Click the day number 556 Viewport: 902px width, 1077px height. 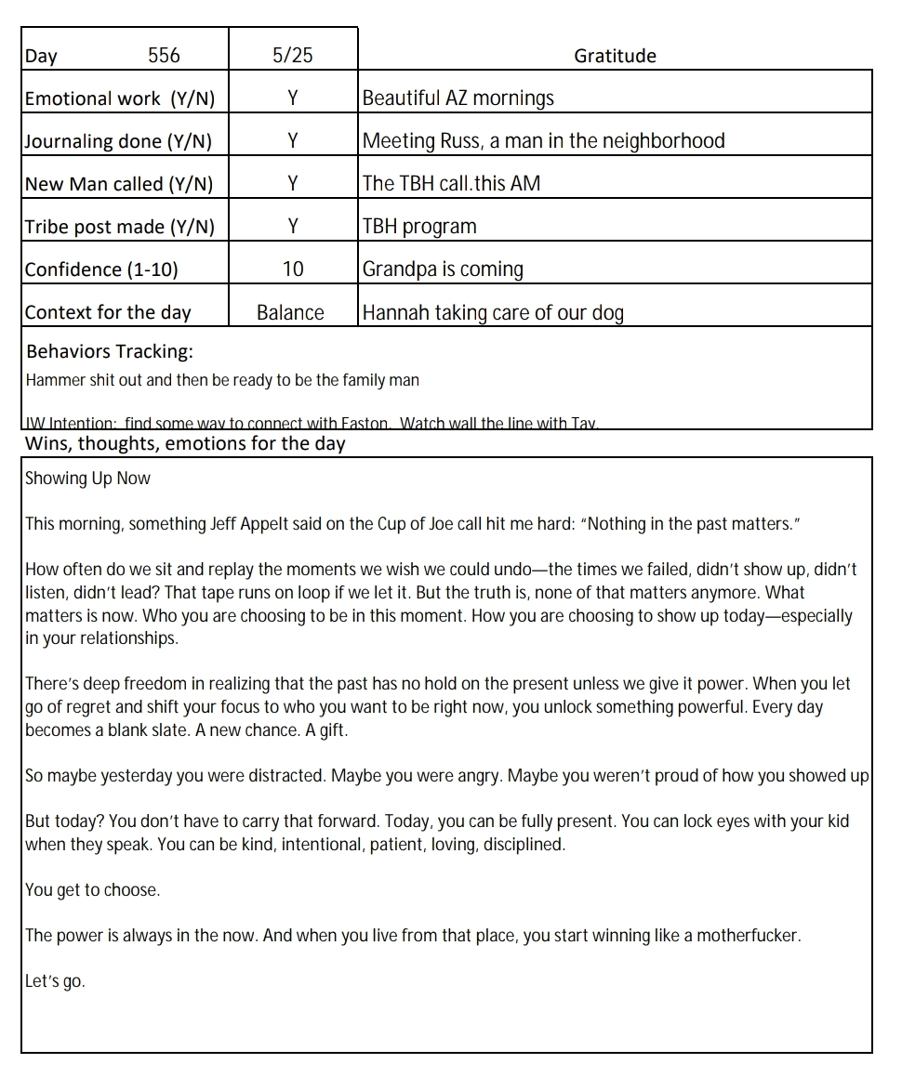[x=164, y=56]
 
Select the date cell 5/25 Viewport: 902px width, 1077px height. [x=293, y=56]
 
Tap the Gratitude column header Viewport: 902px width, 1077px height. [x=615, y=56]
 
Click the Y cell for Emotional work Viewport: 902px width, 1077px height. [x=293, y=99]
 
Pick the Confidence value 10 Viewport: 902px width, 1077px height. [x=293, y=269]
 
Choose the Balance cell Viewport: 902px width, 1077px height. [x=290, y=312]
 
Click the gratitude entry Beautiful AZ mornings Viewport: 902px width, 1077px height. [x=458, y=99]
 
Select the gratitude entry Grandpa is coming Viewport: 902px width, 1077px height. [x=443, y=269]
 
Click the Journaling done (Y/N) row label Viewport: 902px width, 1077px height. [x=118, y=141]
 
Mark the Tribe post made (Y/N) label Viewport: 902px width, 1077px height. [x=119, y=227]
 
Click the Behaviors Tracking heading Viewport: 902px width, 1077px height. [x=110, y=352]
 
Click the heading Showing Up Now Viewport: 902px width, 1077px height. [x=87, y=479]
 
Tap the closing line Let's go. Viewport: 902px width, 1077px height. [x=55, y=981]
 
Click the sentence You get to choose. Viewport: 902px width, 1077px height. [x=92, y=890]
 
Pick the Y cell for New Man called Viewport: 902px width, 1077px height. [x=293, y=184]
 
